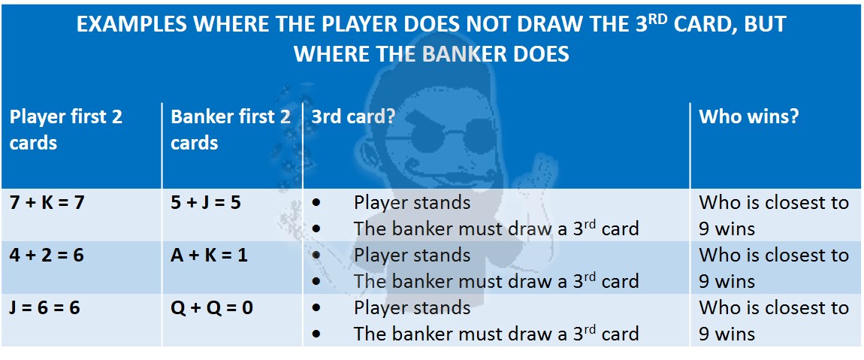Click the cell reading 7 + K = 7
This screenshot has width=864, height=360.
[47, 203]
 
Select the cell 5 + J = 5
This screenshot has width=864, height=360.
[206, 203]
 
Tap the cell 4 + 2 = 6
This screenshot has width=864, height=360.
[47, 256]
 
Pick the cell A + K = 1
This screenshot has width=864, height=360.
[210, 256]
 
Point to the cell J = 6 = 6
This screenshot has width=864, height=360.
[45, 307]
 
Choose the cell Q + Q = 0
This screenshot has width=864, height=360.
[212, 307]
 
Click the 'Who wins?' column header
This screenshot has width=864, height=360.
[748, 117]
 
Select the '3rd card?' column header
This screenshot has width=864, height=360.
[353, 117]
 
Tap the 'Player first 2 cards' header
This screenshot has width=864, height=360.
[65, 129]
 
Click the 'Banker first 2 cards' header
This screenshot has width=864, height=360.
[231, 129]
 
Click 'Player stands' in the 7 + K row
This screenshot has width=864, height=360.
[412, 203]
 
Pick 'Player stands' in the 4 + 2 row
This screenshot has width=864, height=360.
[412, 256]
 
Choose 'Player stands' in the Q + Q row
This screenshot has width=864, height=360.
[412, 307]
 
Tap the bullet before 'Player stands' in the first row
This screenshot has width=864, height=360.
[316, 204]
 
